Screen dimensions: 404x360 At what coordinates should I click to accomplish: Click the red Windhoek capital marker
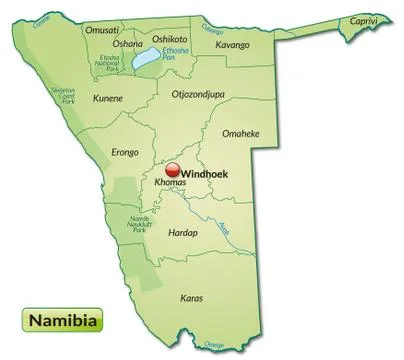coord(172,171)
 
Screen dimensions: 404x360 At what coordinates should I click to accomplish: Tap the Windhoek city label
coord(204,173)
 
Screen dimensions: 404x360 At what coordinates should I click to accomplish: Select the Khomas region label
coord(172,186)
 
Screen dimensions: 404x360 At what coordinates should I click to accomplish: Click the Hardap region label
coord(184,232)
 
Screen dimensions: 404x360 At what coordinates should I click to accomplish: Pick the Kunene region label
coord(107,98)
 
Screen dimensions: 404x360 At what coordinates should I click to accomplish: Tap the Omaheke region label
coord(240,133)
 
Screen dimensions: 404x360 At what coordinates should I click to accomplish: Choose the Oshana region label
coord(127,44)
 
